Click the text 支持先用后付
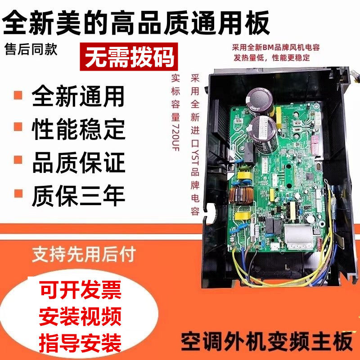(83, 256)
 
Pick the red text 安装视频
(81, 318)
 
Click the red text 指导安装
(81, 344)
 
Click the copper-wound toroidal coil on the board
(239, 196)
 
